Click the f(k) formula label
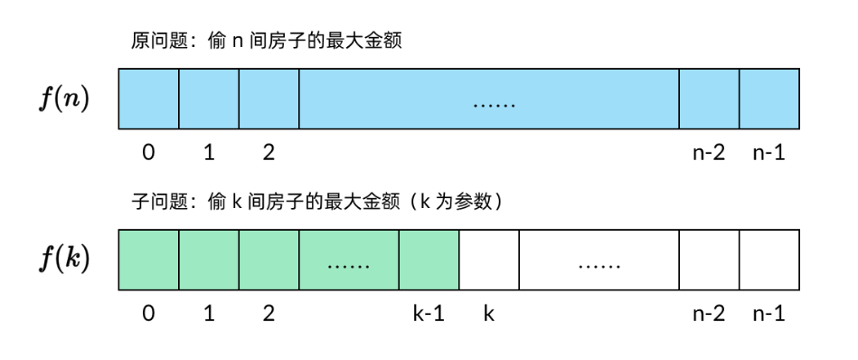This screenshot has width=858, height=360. coord(62,260)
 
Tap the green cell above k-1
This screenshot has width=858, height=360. coord(429,260)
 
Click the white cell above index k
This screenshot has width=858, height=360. coord(489,260)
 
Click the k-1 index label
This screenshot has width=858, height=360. coord(429,315)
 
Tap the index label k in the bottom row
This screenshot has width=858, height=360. coord(488,315)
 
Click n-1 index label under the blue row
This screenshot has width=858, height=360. coord(768,153)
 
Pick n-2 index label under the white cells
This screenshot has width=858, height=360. coord(709,315)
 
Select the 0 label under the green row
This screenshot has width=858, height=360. coord(148,315)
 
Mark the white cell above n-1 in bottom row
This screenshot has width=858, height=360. coord(768,260)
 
